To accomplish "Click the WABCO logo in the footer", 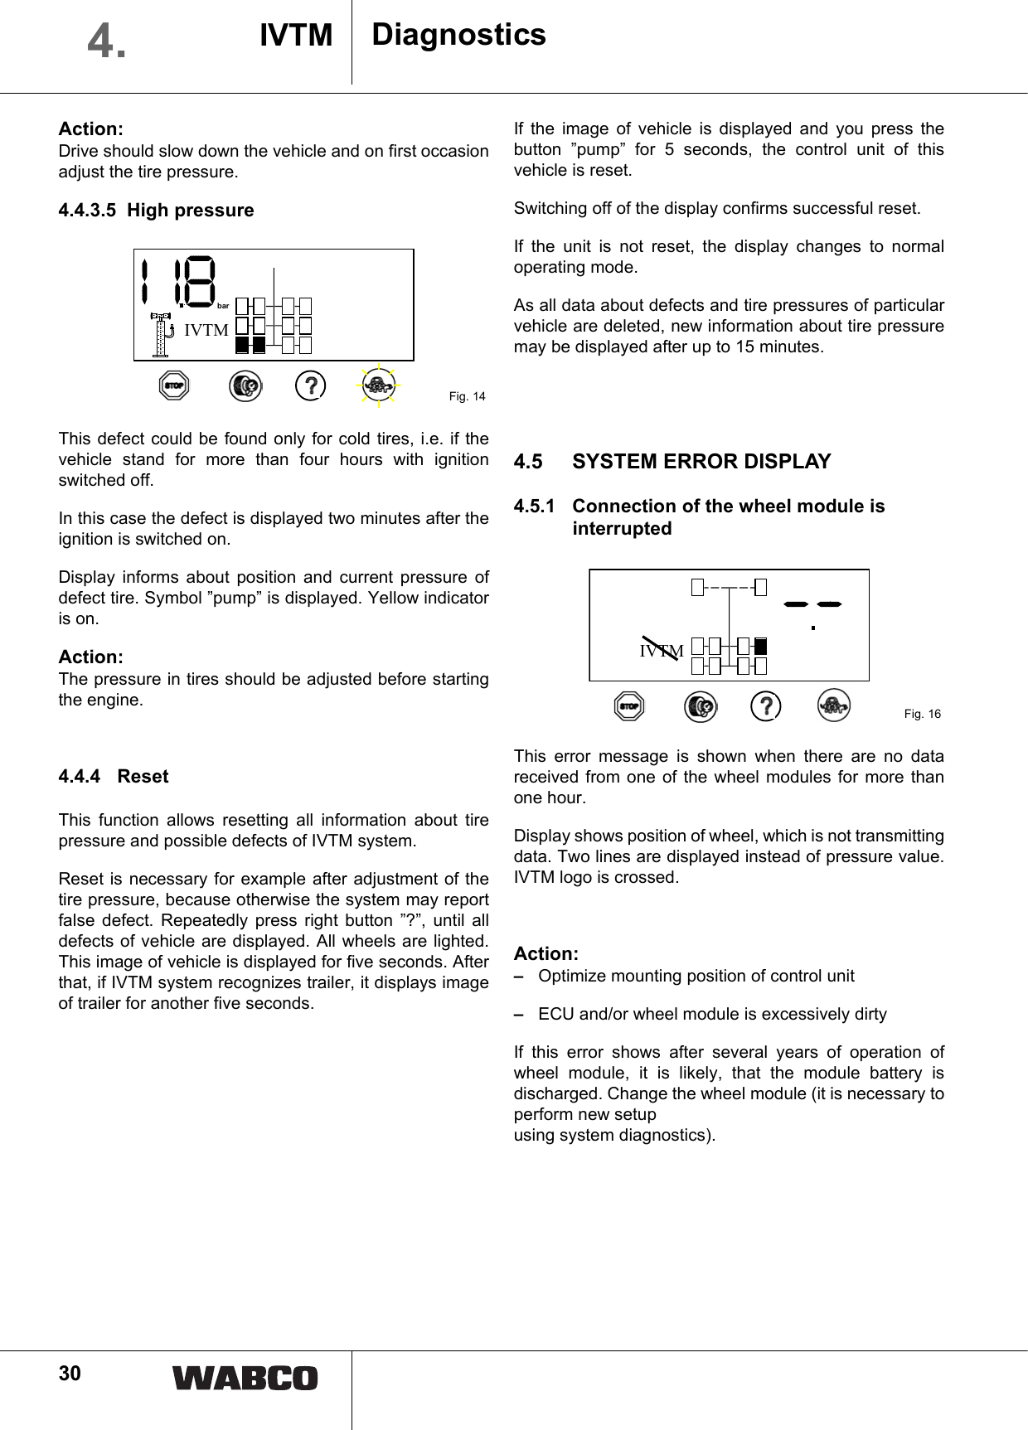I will pyautogui.click(x=245, y=1379).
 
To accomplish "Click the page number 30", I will pyautogui.click(x=70, y=1374).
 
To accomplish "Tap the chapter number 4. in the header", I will pyautogui.click(x=108, y=41).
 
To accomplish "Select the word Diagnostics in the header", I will pyautogui.click(x=458, y=35).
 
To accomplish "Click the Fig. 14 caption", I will pyautogui.click(x=467, y=397).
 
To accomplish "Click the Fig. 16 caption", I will pyautogui.click(x=922, y=714).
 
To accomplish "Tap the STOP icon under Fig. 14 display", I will pyautogui.click(x=174, y=385).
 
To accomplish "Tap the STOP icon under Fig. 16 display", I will pyautogui.click(x=629, y=706).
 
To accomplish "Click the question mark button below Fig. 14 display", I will pyautogui.click(x=311, y=385).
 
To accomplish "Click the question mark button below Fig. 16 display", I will pyautogui.click(x=766, y=706).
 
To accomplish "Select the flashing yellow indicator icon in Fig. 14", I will pyautogui.click(x=379, y=385).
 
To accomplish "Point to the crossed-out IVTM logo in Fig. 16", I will pyautogui.click(x=662, y=651).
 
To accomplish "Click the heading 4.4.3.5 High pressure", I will pyautogui.click(x=156, y=210).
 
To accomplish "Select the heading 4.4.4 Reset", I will pyautogui.click(x=113, y=776).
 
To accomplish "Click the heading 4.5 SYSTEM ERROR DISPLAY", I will pyautogui.click(x=672, y=462).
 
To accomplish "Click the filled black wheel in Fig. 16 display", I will pyautogui.click(x=761, y=646).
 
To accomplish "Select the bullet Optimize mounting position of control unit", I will pyautogui.click(x=696, y=976).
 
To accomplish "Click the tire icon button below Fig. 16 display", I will pyautogui.click(x=701, y=706).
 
